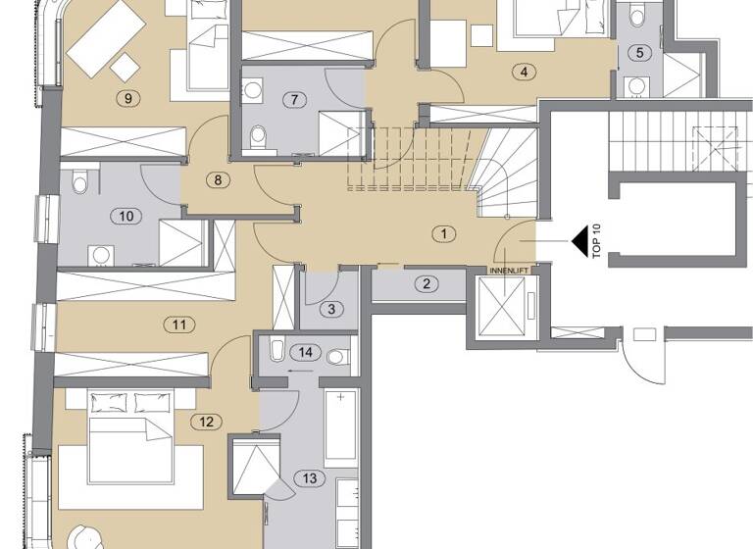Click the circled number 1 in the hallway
(444, 233)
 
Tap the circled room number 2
(426, 285)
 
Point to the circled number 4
(526, 72)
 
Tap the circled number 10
(125, 218)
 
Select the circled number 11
(177, 324)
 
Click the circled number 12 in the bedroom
(205, 423)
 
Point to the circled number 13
(310, 478)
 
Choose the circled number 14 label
(306, 351)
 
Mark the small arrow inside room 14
(300, 372)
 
